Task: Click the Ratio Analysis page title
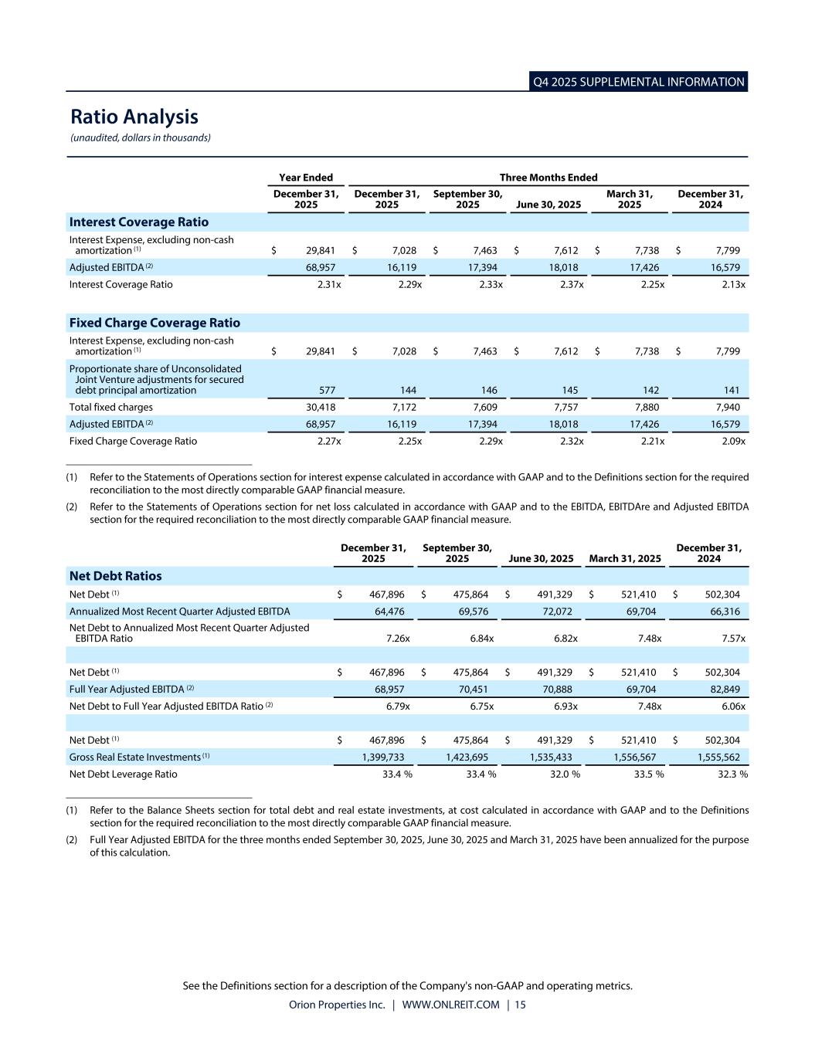click(134, 117)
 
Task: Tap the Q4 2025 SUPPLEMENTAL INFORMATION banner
click(639, 82)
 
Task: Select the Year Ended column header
click(306, 178)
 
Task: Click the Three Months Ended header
click(548, 178)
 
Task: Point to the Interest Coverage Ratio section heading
click(139, 222)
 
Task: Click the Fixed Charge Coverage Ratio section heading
click(155, 323)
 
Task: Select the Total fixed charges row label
click(111, 408)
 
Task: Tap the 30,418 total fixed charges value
click(320, 408)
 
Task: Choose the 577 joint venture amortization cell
click(326, 391)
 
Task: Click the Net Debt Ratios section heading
click(116, 576)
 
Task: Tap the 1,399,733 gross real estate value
click(383, 757)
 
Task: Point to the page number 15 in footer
click(520, 1005)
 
